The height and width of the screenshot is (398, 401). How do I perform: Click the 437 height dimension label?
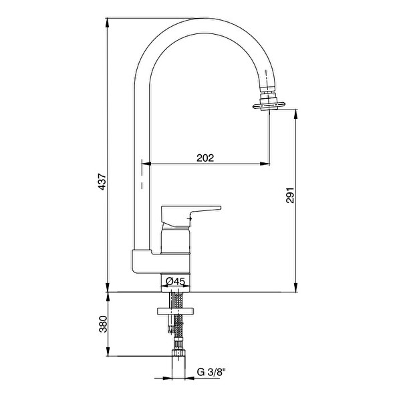click(102, 182)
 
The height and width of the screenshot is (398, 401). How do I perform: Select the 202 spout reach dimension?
click(205, 158)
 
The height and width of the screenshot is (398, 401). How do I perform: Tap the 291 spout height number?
click(290, 196)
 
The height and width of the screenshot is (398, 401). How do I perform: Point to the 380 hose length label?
click(103, 324)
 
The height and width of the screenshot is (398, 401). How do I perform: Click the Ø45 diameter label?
click(175, 281)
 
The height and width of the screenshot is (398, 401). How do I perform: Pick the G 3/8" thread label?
click(211, 372)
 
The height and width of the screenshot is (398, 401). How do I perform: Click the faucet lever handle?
click(190, 215)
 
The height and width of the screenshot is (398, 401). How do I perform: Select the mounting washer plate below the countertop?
click(175, 311)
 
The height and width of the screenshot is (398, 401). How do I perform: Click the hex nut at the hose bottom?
click(178, 353)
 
